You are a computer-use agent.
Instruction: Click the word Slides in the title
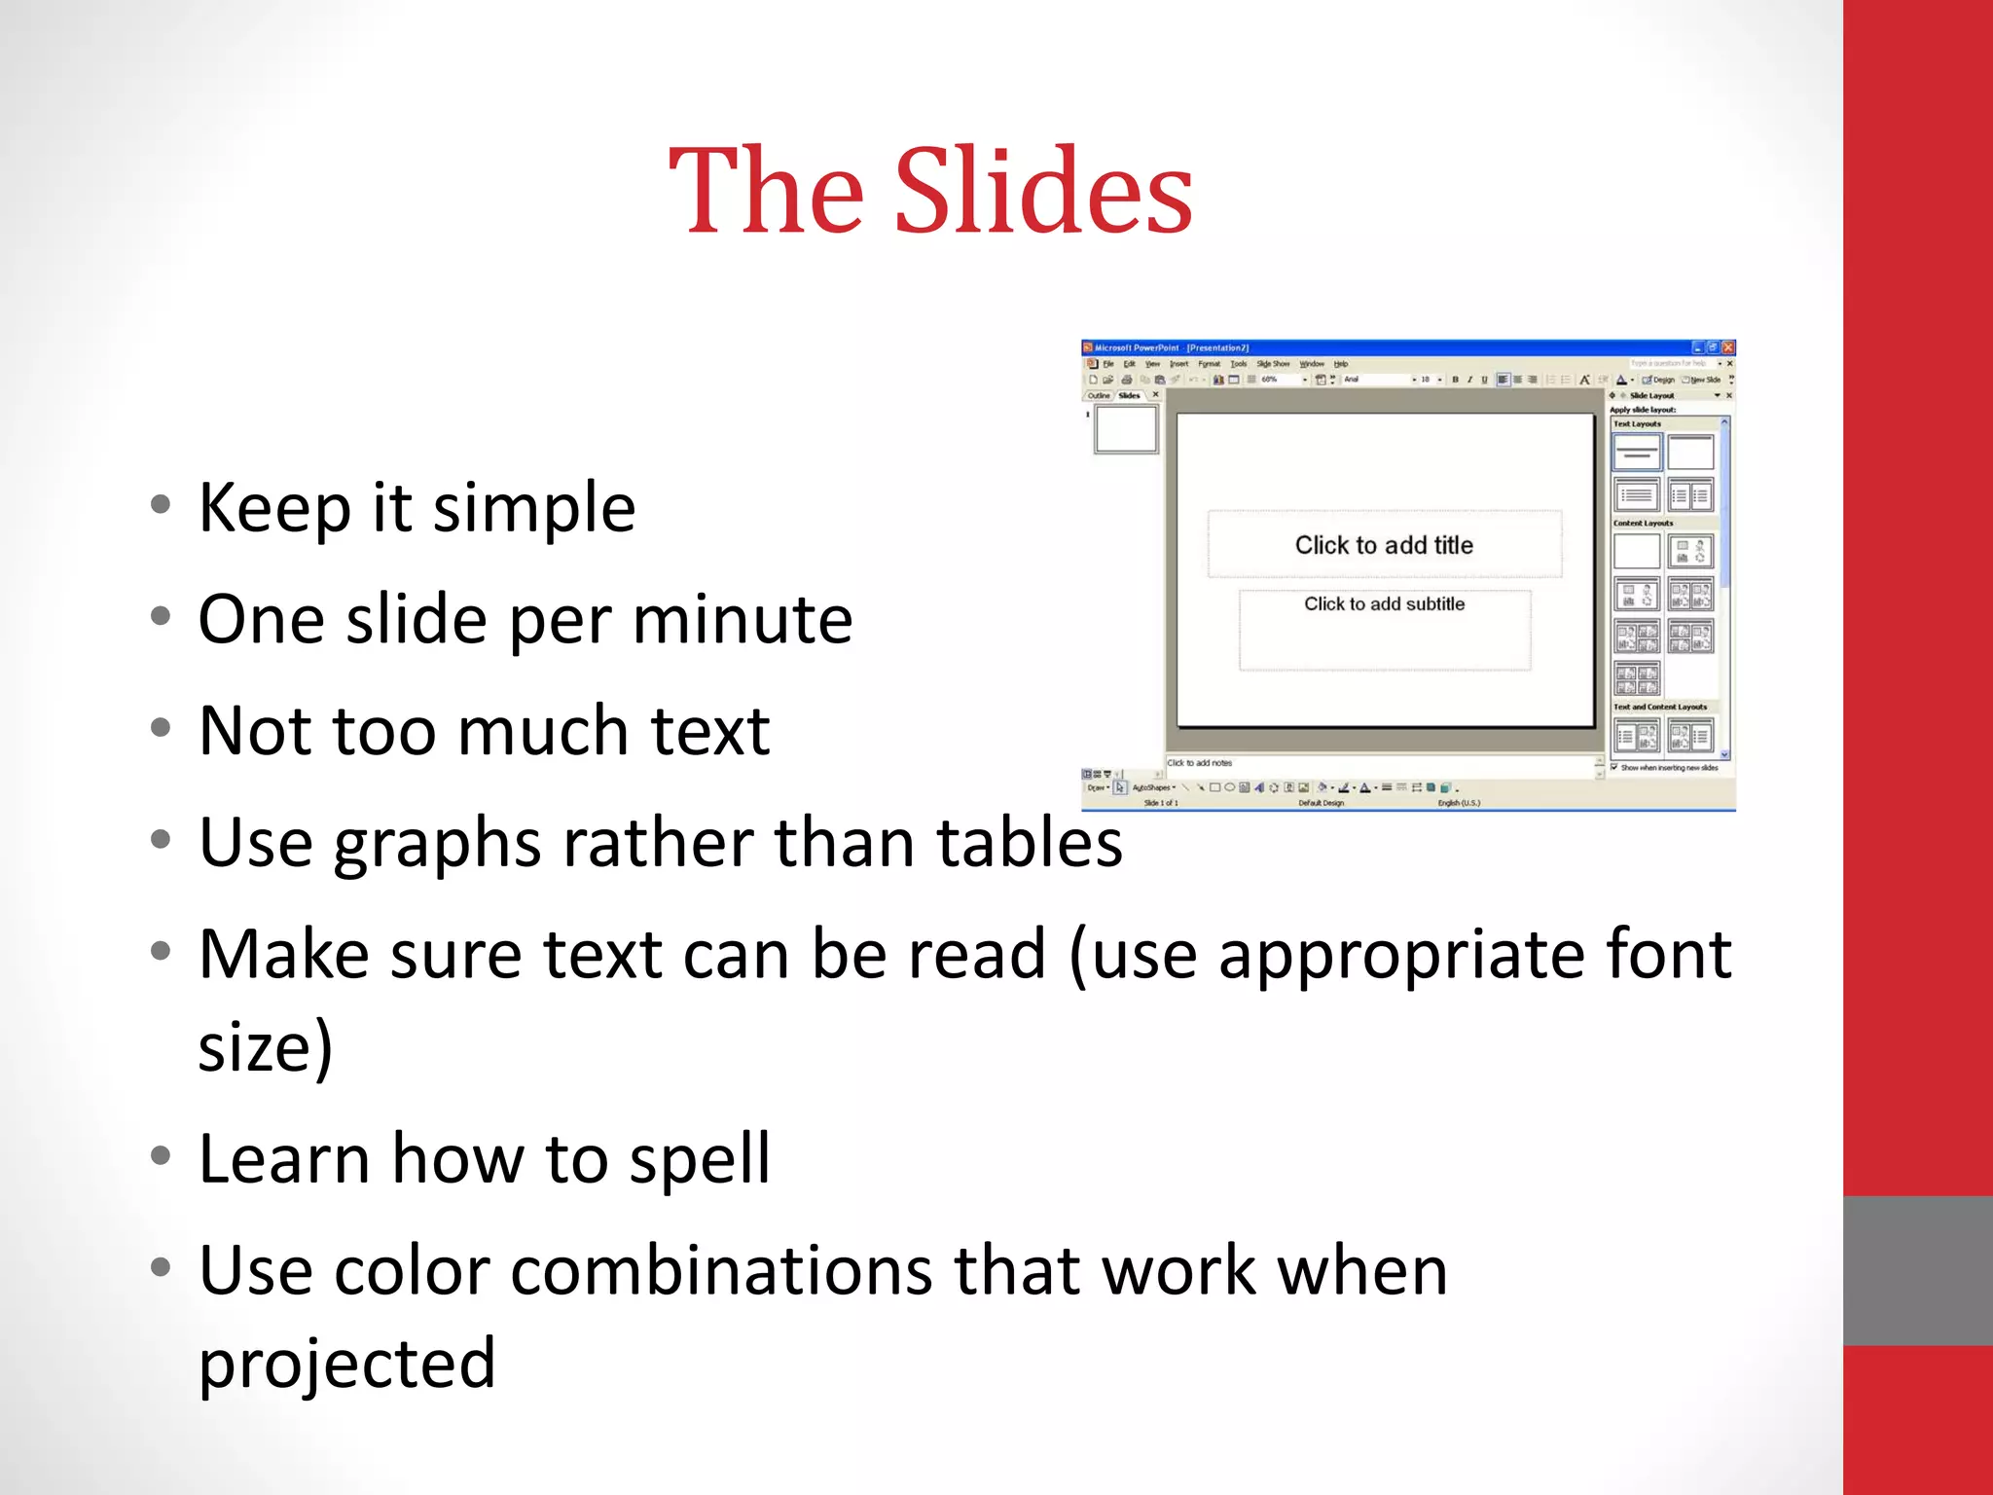click(1042, 191)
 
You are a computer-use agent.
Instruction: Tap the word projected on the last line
click(347, 1364)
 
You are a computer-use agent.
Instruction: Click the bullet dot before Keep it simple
click(161, 505)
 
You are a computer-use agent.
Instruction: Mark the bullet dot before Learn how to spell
click(161, 1156)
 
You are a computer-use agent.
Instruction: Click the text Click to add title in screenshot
click(1384, 545)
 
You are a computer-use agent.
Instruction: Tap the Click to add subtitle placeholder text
click(1384, 604)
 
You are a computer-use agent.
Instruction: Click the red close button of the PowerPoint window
click(1727, 347)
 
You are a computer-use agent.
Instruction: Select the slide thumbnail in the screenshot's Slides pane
click(1126, 428)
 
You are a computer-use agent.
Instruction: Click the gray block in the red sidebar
click(1917, 1270)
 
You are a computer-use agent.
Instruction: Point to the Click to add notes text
click(1200, 763)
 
